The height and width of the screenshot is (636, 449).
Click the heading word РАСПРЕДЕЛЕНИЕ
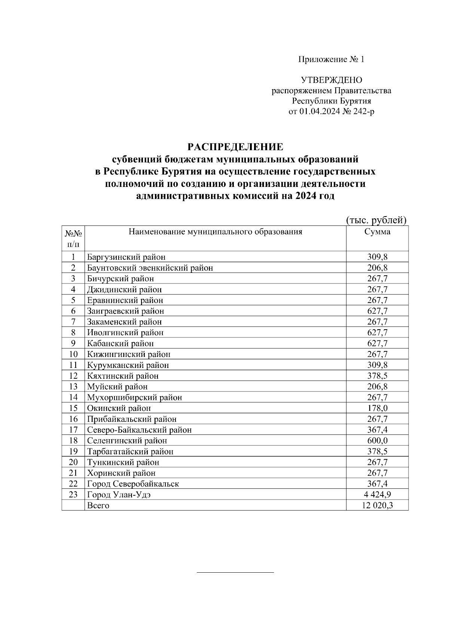[235, 146]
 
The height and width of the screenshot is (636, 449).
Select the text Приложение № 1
[331, 59]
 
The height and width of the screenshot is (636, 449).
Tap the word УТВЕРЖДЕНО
[332, 80]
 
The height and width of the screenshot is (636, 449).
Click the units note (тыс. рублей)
[376, 220]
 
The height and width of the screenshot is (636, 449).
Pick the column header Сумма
[377, 231]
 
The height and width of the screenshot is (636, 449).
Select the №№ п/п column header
[73, 239]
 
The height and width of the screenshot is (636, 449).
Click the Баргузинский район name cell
[126, 257]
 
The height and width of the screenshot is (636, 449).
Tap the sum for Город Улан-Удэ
[377, 494]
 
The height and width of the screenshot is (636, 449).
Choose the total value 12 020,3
[377, 505]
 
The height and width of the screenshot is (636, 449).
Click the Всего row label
[98, 505]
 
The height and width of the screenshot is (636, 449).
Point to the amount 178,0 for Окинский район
[377, 408]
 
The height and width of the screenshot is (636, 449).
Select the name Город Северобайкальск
[133, 484]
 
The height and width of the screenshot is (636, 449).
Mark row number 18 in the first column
[73, 440]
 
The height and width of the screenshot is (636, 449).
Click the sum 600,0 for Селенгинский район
[377, 440]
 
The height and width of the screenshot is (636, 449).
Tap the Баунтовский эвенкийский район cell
[150, 268]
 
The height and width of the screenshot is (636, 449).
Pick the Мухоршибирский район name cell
[135, 397]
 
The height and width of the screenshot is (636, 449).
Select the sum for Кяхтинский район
[377, 376]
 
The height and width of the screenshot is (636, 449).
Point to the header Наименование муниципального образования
[215, 231]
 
